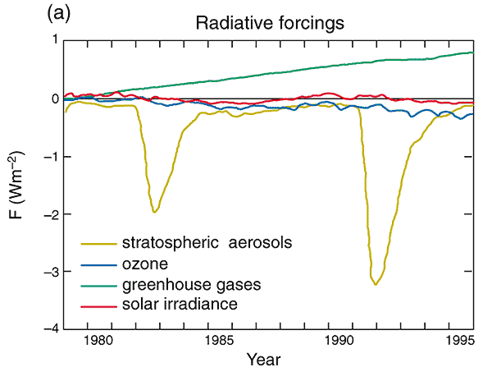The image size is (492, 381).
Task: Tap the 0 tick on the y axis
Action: tap(55, 99)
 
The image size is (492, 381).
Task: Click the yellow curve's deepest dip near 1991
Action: tap(376, 283)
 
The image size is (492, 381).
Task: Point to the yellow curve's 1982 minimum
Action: tap(154, 212)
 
